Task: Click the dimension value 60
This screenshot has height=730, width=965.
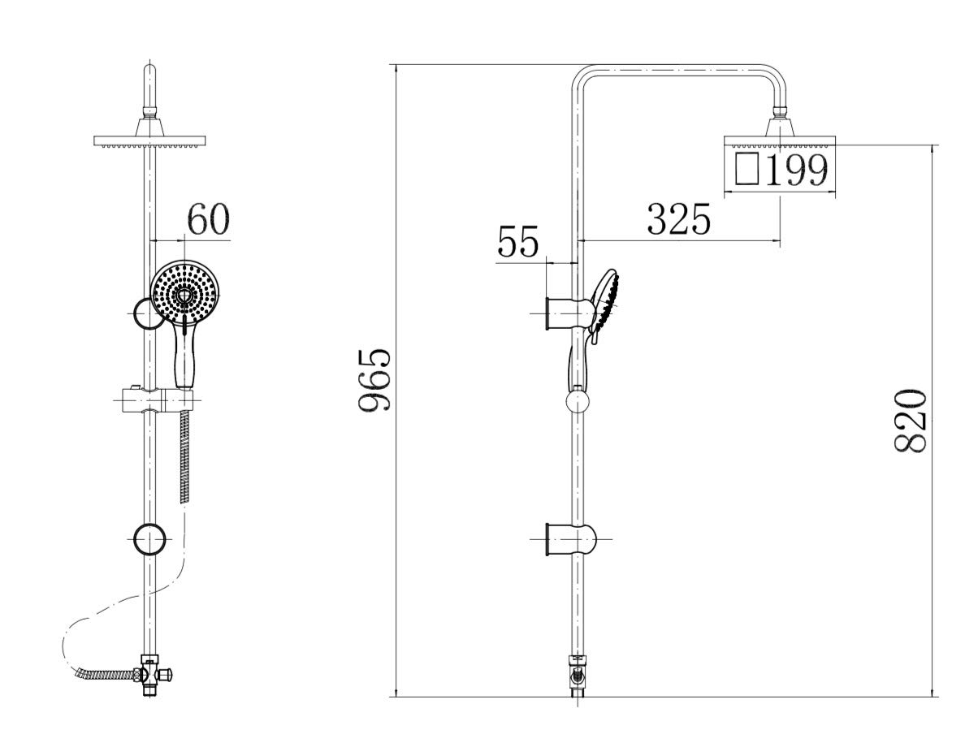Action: pos(208,219)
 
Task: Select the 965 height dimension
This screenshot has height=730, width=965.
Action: pos(374,379)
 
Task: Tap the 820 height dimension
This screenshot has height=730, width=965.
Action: pos(910,421)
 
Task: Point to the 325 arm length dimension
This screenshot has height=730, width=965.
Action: pos(679,219)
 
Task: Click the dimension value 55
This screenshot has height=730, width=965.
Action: pos(518,241)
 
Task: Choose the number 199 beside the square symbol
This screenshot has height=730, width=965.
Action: pos(797,170)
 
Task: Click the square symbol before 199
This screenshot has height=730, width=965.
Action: pos(746,169)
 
